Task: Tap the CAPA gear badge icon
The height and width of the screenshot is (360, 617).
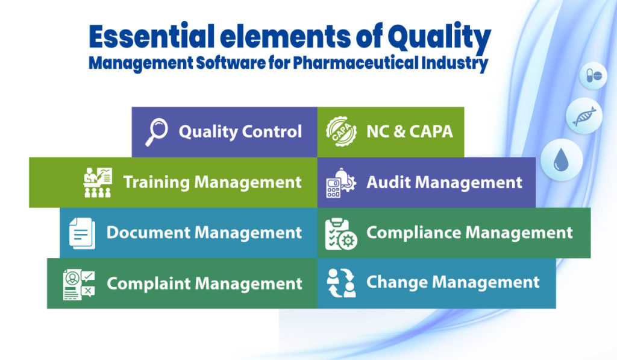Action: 340,132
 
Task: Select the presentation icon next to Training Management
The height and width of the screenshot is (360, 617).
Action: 97,182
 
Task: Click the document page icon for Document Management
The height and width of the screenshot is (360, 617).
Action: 82,233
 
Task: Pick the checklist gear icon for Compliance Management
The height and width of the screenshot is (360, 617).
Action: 340,233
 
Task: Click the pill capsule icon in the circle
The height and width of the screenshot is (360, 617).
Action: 594,77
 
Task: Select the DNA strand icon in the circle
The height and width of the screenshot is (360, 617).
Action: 584,115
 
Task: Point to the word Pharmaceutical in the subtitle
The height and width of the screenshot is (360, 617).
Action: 360,63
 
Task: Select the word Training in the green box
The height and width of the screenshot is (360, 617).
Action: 156,182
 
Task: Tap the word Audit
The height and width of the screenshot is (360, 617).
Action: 386,182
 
